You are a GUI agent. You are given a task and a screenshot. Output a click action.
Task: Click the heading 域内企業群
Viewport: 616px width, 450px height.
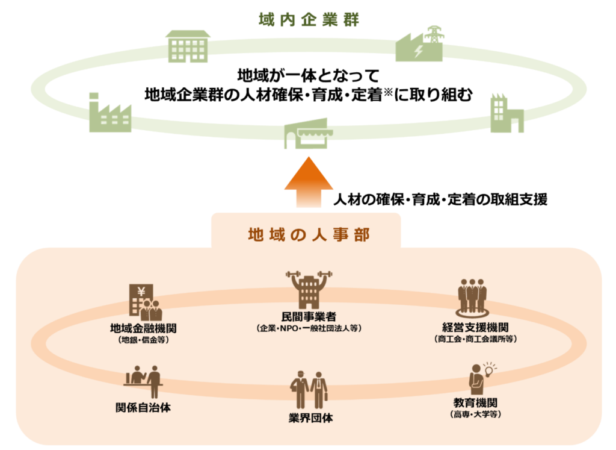click(308, 19)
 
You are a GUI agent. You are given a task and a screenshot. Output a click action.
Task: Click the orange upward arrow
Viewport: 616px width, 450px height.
click(307, 179)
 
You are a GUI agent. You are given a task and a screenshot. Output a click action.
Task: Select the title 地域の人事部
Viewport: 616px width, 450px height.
click(309, 234)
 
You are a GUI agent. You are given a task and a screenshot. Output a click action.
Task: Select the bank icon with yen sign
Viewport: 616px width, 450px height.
click(144, 302)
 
